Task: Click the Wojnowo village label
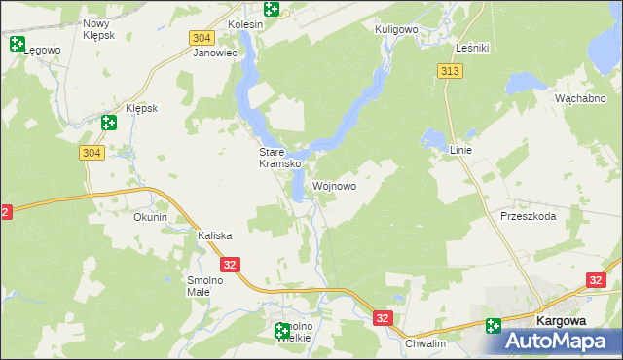click(334, 186)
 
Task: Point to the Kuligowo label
click(397, 29)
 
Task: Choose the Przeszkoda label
click(528, 216)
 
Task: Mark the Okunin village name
click(150, 217)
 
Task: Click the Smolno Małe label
click(204, 286)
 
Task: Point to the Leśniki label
click(472, 47)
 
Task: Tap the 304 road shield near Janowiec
click(201, 37)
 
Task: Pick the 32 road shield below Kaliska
click(230, 264)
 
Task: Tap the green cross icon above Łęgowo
click(17, 43)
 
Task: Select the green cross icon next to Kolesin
click(272, 9)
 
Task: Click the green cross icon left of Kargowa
click(494, 326)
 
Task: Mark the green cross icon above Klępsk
click(108, 123)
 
